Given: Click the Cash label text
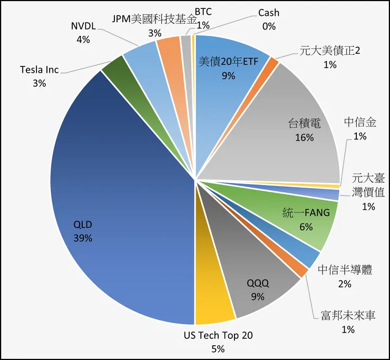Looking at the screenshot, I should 269,13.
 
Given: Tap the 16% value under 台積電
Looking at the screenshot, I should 304,138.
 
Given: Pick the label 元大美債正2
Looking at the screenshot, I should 329,51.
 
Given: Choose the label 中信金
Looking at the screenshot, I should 360,123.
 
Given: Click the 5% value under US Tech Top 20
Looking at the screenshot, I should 218,348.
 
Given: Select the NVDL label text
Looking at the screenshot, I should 83,26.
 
